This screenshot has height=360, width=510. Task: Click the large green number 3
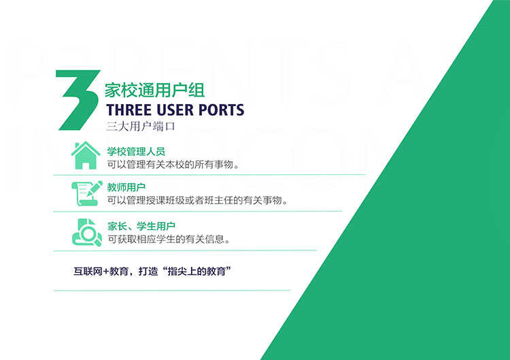[78, 100]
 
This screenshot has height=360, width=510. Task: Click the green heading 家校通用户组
[154, 90]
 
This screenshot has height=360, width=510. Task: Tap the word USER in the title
[175, 110]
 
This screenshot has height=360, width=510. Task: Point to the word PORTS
[221, 110]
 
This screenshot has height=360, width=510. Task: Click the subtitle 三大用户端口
[141, 127]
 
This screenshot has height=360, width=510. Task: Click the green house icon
[86, 155]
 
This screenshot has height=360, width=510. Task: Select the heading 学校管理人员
[136, 151]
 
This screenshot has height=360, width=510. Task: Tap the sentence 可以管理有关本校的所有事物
[173, 165]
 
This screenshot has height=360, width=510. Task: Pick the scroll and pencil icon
[87, 193]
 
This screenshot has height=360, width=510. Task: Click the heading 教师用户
[126, 188]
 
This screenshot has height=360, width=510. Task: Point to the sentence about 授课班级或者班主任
[198, 201]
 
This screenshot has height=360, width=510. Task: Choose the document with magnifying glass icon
[87, 233]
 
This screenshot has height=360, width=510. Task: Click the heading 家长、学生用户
[141, 226]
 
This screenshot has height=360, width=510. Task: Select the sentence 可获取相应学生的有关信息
[169, 240]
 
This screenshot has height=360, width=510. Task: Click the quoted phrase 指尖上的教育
[197, 271]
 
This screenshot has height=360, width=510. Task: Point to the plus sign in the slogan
[106, 272]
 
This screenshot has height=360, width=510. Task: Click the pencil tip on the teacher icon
[88, 195]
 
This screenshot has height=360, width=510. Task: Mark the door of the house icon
[86, 165]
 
